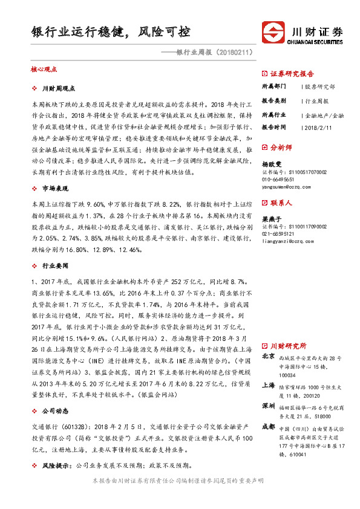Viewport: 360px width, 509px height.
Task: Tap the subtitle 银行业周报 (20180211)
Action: pos(212,53)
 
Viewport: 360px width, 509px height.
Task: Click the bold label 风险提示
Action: pos(55,466)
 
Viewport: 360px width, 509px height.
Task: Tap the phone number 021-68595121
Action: pos(282,233)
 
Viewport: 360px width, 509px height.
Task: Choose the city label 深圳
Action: pos(268,405)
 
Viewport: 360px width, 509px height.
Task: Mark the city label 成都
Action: pos(268,426)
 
